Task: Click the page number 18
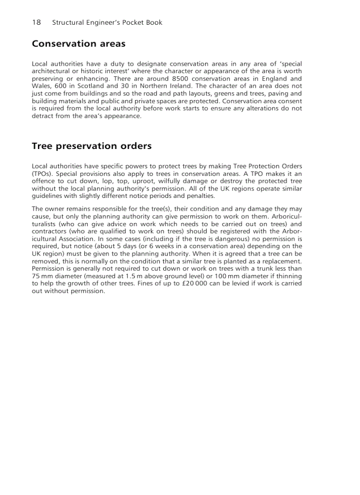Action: pos(36,22)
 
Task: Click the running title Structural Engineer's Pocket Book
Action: pos(107,22)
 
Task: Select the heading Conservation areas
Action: pos(79,44)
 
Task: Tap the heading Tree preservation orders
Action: pos(91,146)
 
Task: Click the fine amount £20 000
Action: pos(196,283)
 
